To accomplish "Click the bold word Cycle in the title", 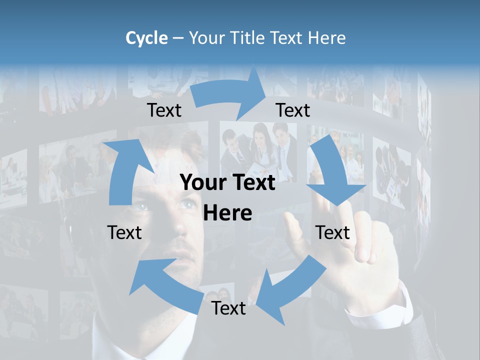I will pos(146,38).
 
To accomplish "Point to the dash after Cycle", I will pos(177,38).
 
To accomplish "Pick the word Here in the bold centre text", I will pos(227,213).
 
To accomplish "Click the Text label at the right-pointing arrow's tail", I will pos(164,110).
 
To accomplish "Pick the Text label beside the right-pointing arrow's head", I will pos(293,110).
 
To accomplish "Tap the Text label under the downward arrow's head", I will pos(332,232).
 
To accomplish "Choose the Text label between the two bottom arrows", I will pos(228,308).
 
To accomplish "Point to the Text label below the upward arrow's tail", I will pos(124,232).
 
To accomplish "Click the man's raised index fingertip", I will pos(292,220).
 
